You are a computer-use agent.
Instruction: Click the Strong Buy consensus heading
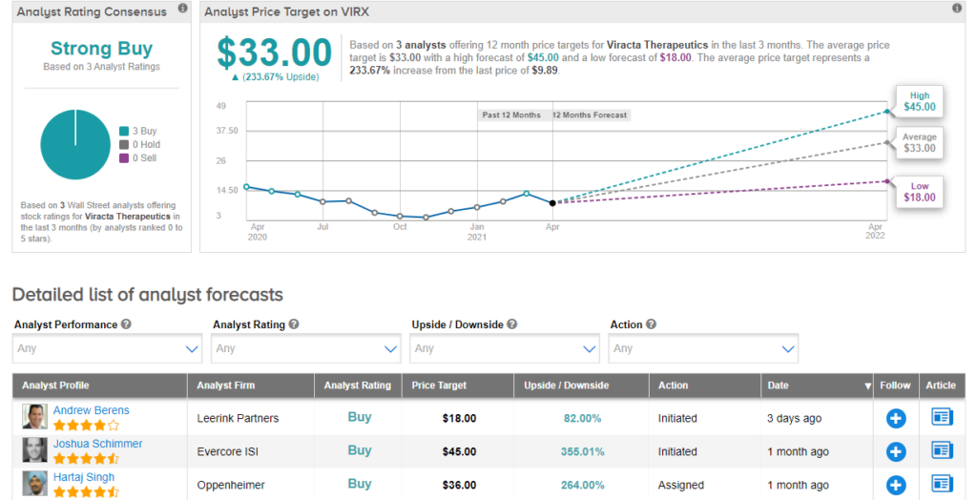point(101,49)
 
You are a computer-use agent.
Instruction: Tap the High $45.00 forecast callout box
point(919,101)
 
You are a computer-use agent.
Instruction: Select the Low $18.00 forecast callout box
point(919,191)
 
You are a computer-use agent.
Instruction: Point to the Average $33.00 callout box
point(919,142)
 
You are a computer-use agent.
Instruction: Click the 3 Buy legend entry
point(141,131)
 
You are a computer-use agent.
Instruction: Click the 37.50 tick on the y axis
point(227,131)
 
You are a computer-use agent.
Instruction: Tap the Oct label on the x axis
point(400,227)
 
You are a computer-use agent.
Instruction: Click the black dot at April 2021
point(552,202)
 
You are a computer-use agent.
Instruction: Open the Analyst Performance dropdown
point(108,348)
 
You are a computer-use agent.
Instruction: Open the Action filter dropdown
point(703,348)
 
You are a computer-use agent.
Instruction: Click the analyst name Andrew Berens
point(92,410)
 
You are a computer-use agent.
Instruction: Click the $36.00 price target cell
point(459,485)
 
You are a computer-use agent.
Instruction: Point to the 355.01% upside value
point(581,451)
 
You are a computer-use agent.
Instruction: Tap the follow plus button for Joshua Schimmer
point(895,451)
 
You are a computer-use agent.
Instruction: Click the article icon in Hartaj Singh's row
point(943,484)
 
